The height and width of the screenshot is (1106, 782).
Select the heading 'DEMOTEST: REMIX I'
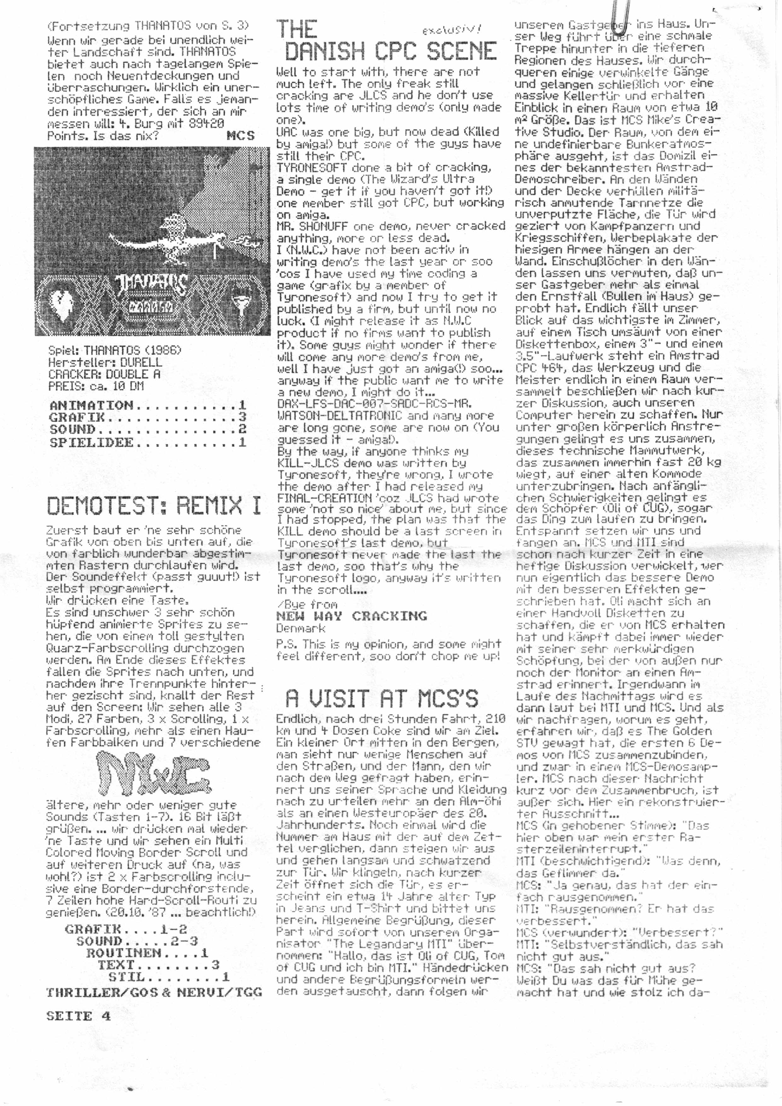(153, 505)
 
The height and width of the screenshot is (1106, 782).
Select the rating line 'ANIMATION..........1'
(148, 405)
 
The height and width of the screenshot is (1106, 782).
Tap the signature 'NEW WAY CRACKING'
(351, 616)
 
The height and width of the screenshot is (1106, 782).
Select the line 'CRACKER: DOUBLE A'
(104, 374)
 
